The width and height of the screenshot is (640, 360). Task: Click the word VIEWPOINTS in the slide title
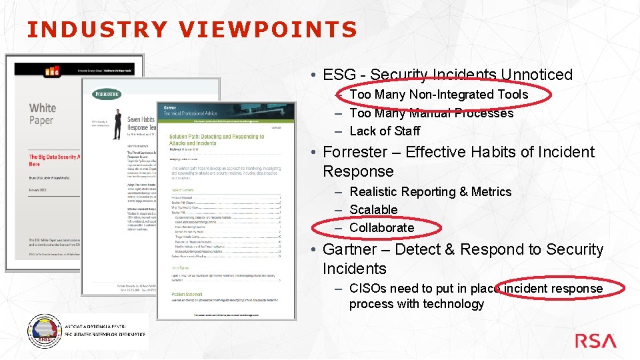coord(268,29)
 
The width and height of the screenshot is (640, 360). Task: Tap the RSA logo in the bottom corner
coord(595,341)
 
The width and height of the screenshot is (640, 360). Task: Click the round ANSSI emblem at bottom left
coord(43,331)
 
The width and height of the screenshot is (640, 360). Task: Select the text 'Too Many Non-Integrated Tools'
coord(438,95)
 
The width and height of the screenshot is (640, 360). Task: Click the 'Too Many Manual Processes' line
coord(431,113)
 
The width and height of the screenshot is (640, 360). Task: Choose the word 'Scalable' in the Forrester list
coord(373,209)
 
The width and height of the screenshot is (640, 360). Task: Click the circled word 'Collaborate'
coord(381,227)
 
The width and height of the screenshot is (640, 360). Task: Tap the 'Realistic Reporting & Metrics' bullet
coord(430,191)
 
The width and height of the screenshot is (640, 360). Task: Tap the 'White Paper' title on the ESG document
coord(42,113)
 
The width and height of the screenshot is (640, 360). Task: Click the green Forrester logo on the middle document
coord(107,94)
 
